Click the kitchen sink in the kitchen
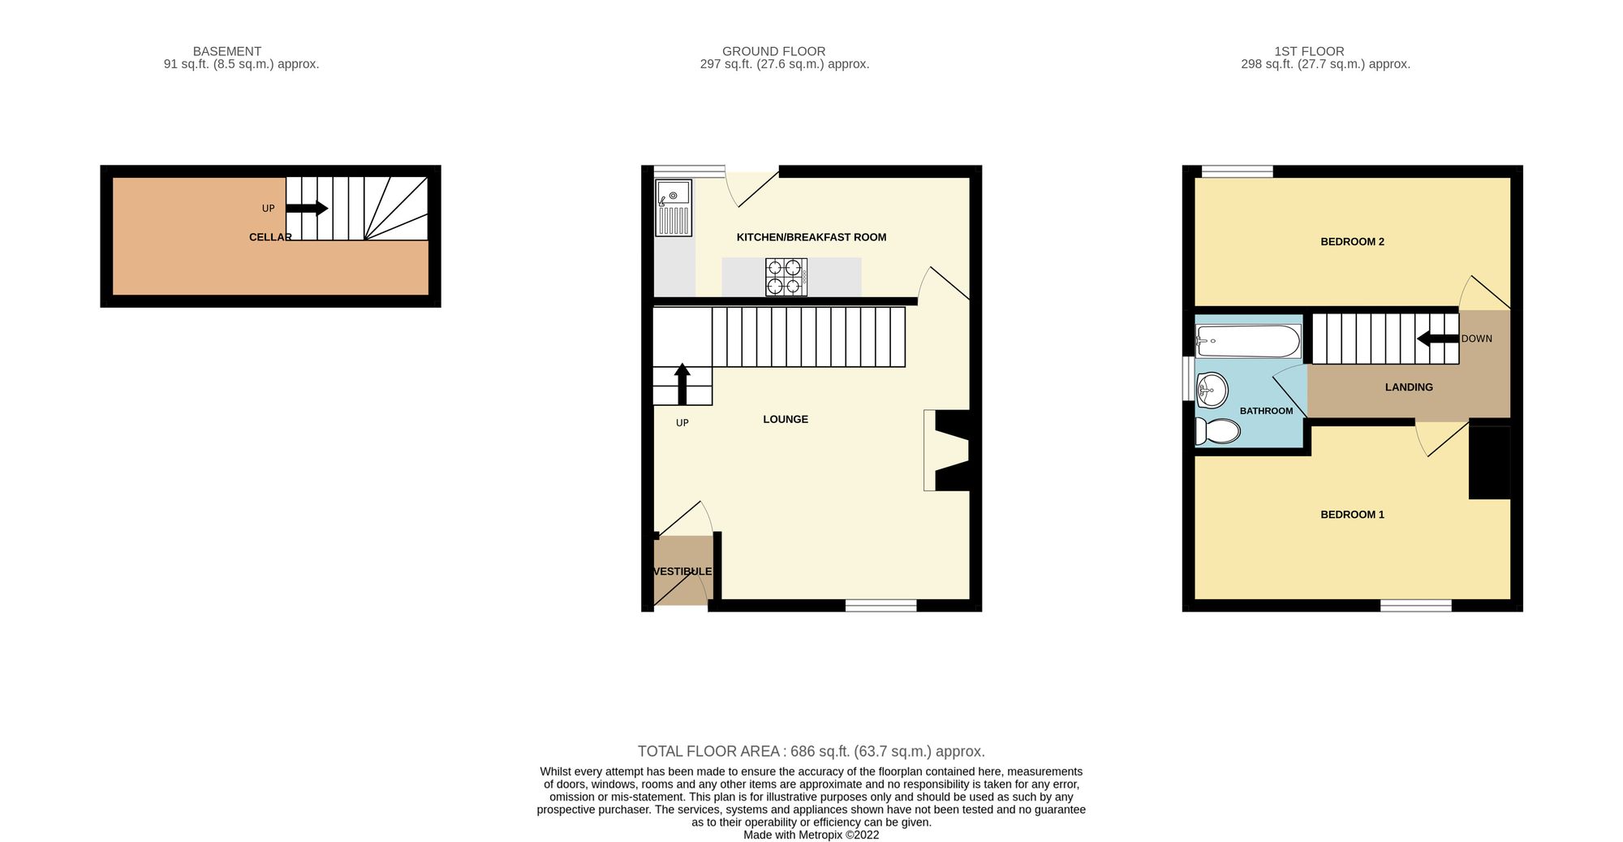(674, 208)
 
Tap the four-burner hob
(786, 277)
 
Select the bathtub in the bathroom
(1248, 341)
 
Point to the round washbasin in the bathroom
(1212, 390)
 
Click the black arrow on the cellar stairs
(307, 209)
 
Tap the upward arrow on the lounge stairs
(682, 384)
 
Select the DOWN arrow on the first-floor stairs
(1438, 339)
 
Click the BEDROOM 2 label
(1352, 242)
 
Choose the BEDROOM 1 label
(1352, 515)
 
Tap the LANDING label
(1409, 387)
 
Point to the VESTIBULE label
(682, 572)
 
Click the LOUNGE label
(786, 420)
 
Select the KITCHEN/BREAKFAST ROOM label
(811, 237)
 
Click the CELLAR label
(270, 237)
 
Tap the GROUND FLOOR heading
(774, 51)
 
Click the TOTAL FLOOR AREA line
(811, 752)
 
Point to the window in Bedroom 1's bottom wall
(1416, 605)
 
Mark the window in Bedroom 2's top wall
(1238, 171)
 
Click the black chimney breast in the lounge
(956, 451)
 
